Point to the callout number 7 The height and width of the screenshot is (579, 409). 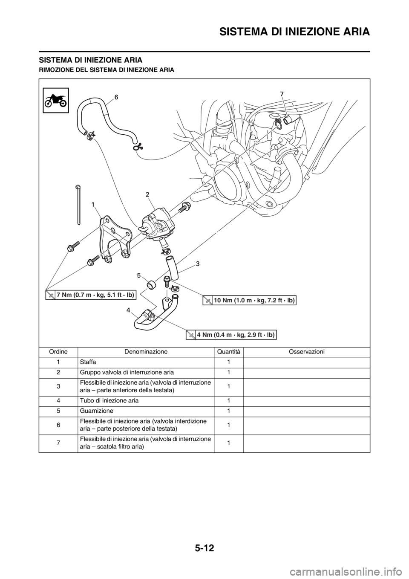(x=282, y=93)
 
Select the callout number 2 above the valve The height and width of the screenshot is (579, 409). (x=147, y=194)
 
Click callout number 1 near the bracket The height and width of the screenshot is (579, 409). (x=93, y=205)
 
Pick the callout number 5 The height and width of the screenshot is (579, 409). (x=139, y=276)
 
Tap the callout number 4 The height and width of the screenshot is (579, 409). (x=128, y=310)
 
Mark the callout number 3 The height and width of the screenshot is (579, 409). (x=198, y=264)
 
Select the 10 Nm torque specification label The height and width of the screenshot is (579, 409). (x=249, y=300)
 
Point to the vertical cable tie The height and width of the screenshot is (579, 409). (x=79, y=205)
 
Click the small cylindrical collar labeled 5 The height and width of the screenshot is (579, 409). (x=151, y=284)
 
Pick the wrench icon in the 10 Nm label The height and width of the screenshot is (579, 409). (x=208, y=301)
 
